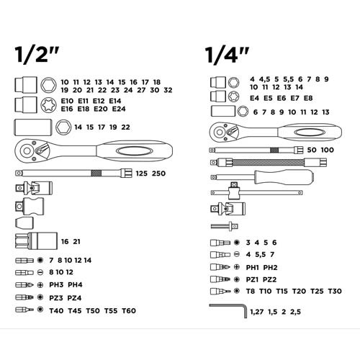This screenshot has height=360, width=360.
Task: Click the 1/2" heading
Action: [37, 55]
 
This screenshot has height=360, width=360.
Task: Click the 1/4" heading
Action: [227, 55]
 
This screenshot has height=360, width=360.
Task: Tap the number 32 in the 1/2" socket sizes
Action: [168, 90]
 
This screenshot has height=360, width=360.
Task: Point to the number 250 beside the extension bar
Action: [158, 174]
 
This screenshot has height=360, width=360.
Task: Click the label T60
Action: [129, 311]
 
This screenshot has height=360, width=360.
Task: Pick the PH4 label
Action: [75, 285]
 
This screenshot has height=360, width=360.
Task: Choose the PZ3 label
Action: [56, 298]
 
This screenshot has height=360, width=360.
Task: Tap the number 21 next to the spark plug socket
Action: [76, 242]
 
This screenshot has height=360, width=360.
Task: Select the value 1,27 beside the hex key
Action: [257, 312]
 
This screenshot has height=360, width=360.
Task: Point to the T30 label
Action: [335, 291]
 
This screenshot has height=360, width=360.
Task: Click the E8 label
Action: [308, 98]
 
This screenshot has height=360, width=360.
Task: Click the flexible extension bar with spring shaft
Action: [269, 163]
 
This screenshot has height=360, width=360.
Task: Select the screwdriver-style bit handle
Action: [263, 177]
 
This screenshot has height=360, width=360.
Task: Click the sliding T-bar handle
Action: [256, 192]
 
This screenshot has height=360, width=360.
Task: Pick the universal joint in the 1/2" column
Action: [34, 188]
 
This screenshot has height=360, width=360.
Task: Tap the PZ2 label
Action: [269, 279]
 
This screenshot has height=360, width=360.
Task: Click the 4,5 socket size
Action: [264, 79]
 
